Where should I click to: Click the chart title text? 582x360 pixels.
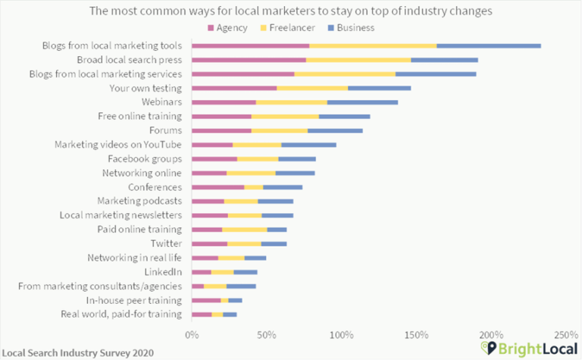(290, 11)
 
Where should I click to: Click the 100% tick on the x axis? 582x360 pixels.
(341, 334)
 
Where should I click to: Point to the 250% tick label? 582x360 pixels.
(565, 334)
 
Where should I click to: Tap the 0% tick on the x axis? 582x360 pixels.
(192, 334)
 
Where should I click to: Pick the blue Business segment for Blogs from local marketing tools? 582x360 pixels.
(489, 45)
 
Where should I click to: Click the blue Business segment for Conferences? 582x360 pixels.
(283, 187)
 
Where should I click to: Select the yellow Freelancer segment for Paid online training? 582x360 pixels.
(245, 229)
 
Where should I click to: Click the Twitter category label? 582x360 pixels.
(166, 243)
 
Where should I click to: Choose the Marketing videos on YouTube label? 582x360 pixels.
(118, 144)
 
